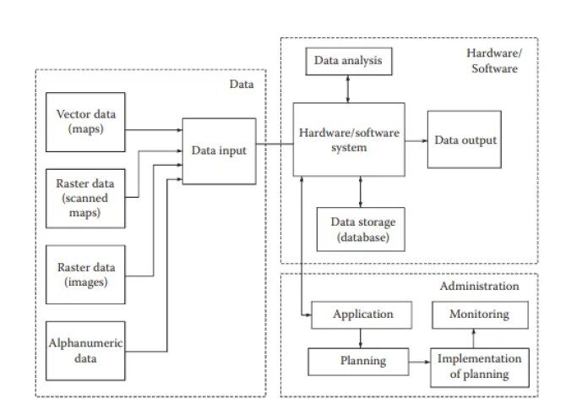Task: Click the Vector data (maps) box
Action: click(x=85, y=122)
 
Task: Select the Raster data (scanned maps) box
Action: click(x=85, y=198)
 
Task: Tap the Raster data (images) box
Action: click(x=85, y=274)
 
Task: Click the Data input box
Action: click(x=219, y=150)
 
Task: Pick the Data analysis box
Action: click(x=348, y=61)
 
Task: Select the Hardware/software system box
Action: click(x=348, y=139)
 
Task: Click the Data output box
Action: click(x=464, y=139)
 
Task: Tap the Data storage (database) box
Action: click(x=362, y=229)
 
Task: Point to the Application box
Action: click(x=362, y=314)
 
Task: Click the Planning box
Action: click(x=362, y=362)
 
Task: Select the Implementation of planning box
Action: click(x=480, y=367)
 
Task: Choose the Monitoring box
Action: click(x=480, y=314)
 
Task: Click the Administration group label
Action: click(x=479, y=287)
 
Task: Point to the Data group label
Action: click(x=242, y=84)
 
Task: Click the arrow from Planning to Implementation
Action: click(x=421, y=362)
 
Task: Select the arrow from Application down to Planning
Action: click(x=362, y=338)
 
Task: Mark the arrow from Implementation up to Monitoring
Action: click(x=480, y=338)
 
